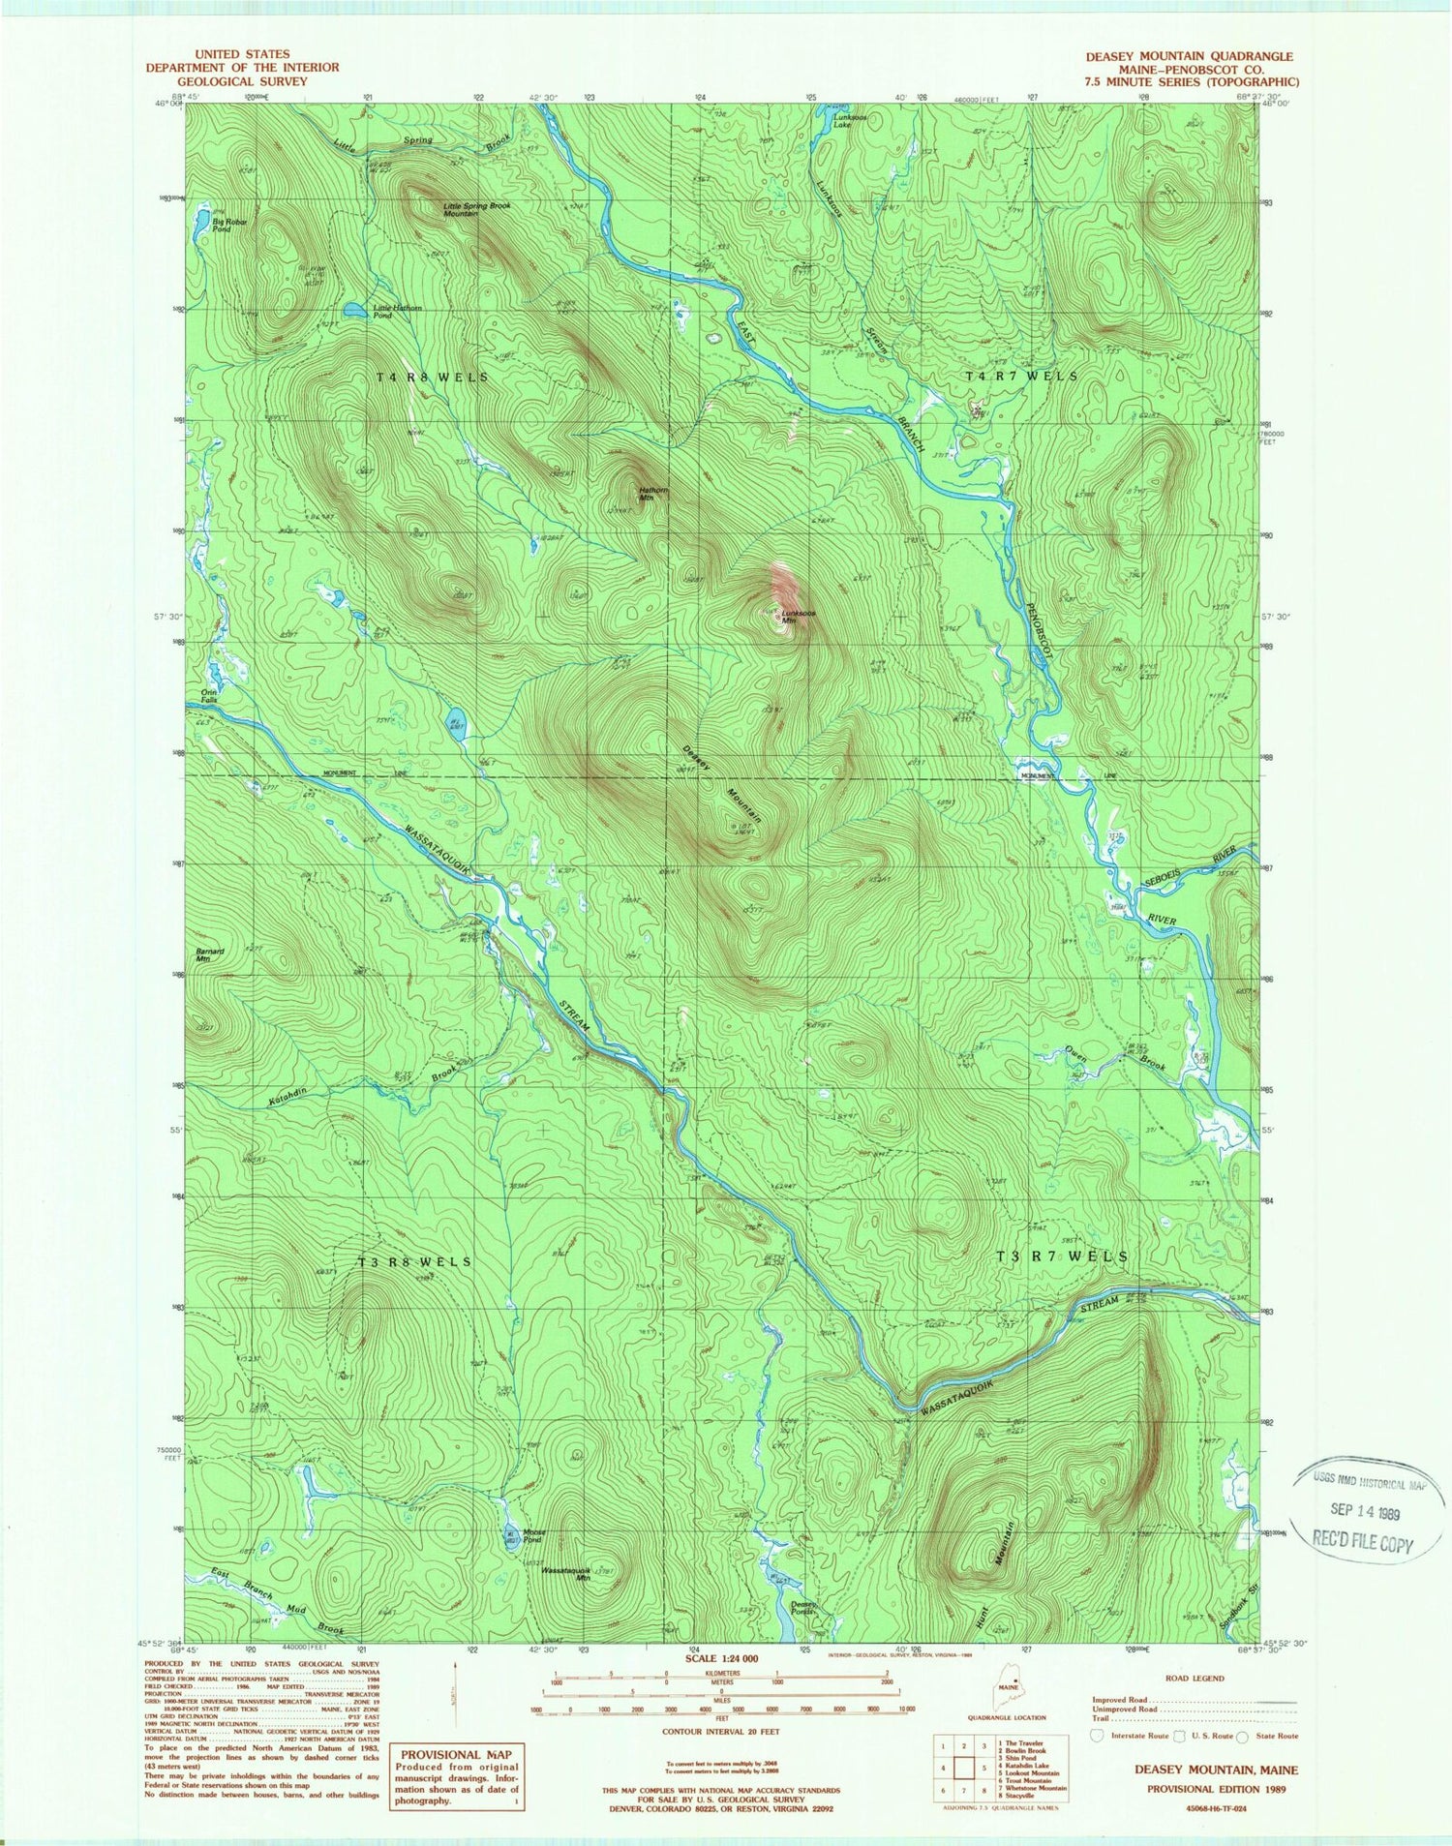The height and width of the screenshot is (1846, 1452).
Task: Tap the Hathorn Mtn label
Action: (x=653, y=494)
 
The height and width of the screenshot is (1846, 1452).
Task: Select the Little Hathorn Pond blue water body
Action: (x=356, y=311)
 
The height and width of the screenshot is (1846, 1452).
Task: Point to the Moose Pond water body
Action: (x=510, y=1536)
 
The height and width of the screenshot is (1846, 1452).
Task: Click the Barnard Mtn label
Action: (x=210, y=954)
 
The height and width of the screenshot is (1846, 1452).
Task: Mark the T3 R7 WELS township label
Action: (x=1062, y=1256)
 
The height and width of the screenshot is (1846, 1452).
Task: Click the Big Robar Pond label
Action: (x=229, y=225)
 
